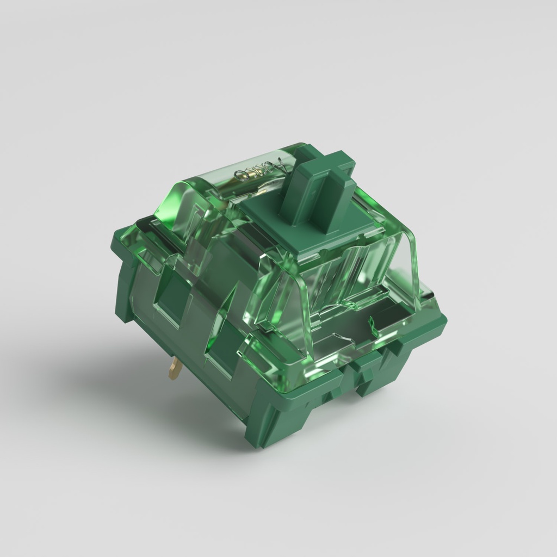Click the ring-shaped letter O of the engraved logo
pyautogui.click(x=241, y=174)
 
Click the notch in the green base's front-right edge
pyautogui.click(x=354, y=381)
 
